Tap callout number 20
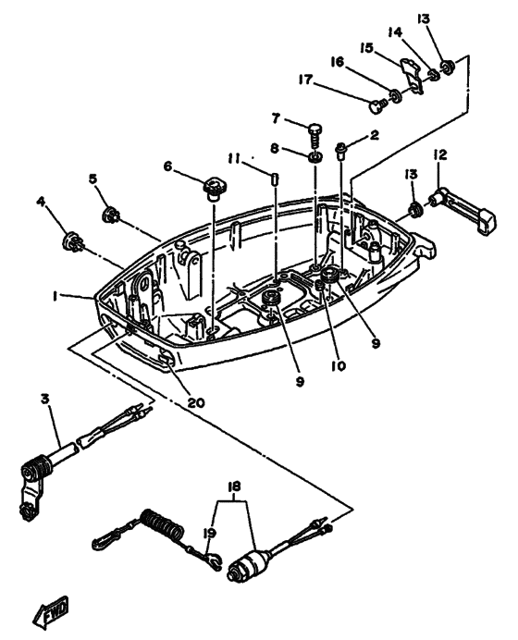point(196,402)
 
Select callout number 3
point(45,399)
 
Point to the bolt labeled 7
point(315,134)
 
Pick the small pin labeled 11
point(275,179)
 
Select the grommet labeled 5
point(110,215)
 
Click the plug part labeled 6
point(215,189)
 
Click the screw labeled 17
point(377,105)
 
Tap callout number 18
point(234,486)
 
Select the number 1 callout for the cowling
point(55,296)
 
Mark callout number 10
point(339,365)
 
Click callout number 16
point(338,62)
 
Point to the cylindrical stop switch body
point(250,563)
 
